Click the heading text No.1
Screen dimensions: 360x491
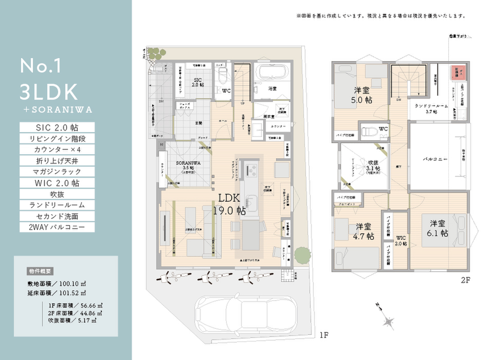tap(41, 66)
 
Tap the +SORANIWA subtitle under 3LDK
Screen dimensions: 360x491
tap(56, 109)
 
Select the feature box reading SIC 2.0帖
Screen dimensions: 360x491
tap(57, 127)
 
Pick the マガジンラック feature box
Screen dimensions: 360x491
tap(57, 171)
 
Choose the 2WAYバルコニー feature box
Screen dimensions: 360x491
tap(57, 227)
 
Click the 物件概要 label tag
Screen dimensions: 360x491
tap(41, 271)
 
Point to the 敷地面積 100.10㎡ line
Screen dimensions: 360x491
tap(57, 284)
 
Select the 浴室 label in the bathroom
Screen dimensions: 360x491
tap(272, 89)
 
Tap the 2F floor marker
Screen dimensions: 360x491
tap(465, 280)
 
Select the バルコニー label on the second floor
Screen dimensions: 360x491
tap(435, 159)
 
